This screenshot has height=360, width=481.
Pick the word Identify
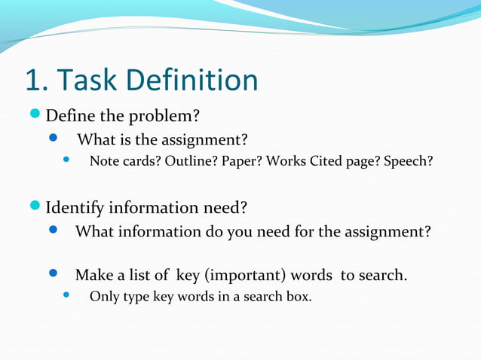click(77, 207)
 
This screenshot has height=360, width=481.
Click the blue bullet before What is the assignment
click(54, 139)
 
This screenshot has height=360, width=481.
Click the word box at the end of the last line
click(299, 296)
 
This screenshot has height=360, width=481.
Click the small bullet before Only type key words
click(66, 295)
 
